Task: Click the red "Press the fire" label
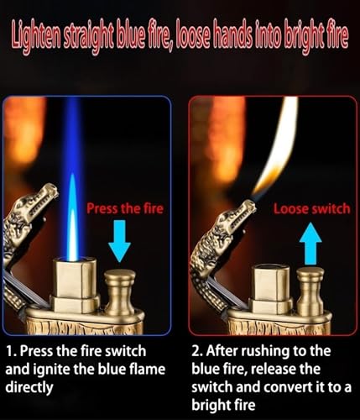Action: tap(125, 208)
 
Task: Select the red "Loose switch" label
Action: tap(311, 209)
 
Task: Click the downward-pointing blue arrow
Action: tap(119, 241)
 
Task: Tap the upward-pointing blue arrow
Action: tap(310, 244)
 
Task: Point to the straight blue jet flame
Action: tap(73, 179)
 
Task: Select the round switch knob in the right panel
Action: tap(310, 291)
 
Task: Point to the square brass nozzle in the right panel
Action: tap(270, 288)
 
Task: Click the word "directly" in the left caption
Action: tap(29, 388)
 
